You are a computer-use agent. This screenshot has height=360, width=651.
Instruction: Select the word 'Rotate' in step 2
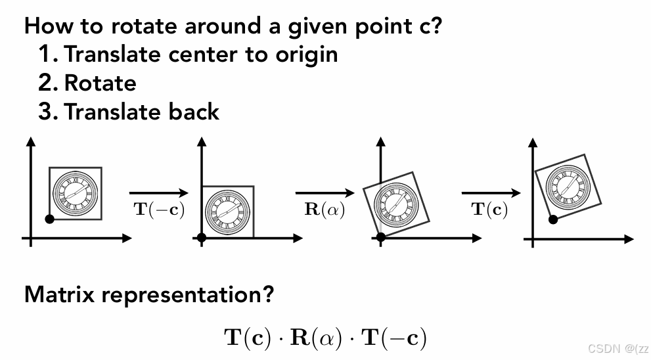tap(101, 83)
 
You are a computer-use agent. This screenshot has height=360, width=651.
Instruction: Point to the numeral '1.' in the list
tap(49, 54)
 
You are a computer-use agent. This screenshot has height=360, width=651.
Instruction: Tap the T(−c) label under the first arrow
tap(159, 210)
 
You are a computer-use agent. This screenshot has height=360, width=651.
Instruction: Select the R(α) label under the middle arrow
tap(325, 210)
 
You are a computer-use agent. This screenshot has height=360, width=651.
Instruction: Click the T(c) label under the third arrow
tap(490, 210)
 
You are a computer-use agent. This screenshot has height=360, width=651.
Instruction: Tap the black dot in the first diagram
tap(49, 219)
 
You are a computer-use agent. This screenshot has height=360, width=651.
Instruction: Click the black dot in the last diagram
tap(553, 219)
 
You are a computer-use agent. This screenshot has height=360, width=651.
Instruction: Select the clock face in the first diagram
tap(76, 192)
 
